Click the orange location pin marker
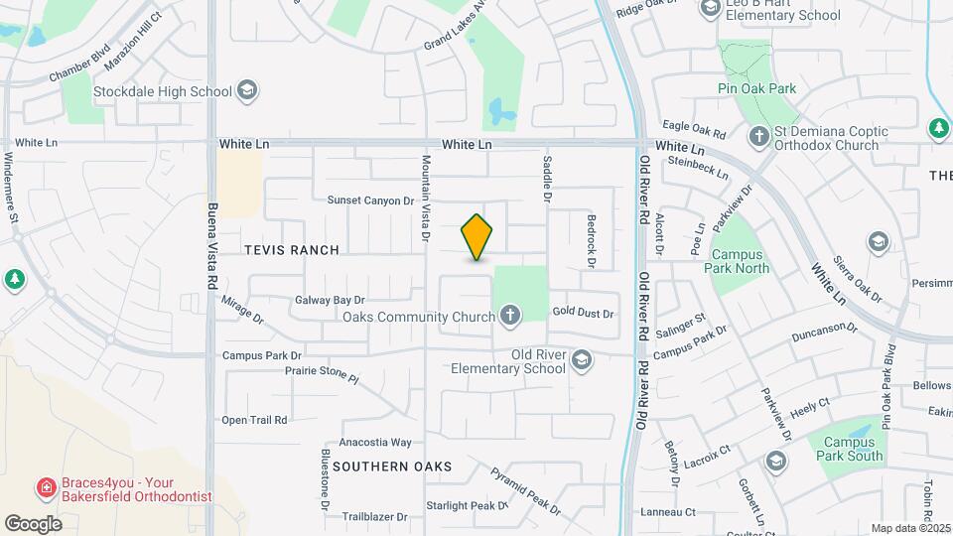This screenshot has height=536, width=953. pos(477,237)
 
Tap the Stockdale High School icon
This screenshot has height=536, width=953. pos(246,91)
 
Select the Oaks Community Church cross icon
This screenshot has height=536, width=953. pos(509,317)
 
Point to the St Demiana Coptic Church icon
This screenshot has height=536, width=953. pos(759,135)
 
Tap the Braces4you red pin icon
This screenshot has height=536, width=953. pos(45,487)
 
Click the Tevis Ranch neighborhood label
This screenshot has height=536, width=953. pos(292,250)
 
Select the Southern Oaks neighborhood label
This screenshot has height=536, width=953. pos(392,466)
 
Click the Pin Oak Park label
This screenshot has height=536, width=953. pos(757,88)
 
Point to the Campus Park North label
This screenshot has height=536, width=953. pos(741,260)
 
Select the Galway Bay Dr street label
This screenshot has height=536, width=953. pos(331,300)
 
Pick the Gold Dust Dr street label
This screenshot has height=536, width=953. pos(584,314)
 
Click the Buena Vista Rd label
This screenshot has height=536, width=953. pos(212,246)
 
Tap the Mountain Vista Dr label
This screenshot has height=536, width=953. pos(426,199)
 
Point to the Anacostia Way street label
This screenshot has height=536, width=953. pos(375,442)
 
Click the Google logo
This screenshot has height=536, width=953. pos(34,524)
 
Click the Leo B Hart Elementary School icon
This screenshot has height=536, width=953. pos(710,9)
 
